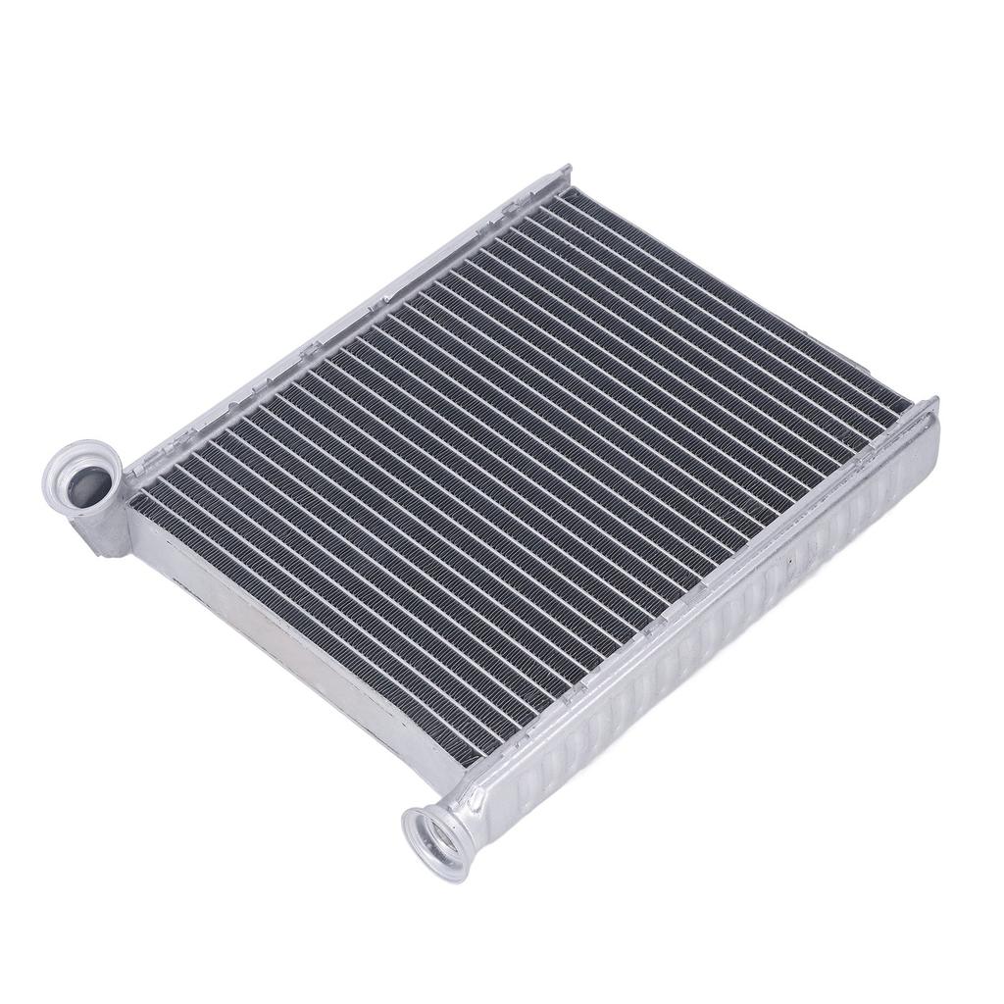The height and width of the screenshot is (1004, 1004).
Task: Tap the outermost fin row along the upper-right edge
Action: pyautogui.click(x=726, y=294)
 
